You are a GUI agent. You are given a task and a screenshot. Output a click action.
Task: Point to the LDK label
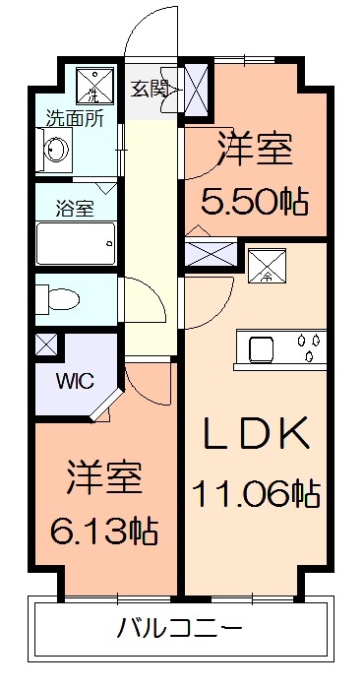pyautogui.click(x=257, y=434)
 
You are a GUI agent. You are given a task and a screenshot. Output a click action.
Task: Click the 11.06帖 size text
pyautogui.click(x=258, y=491)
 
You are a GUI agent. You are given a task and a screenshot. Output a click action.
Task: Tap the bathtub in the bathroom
pyautogui.click(x=76, y=240)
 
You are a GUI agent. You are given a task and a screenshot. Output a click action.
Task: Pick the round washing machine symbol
pyautogui.click(x=57, y=153)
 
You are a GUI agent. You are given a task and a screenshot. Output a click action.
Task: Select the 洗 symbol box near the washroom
pyautogui.click(x=94, y=86)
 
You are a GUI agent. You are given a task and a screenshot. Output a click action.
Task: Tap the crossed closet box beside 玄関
pyautogui.click(x=195, y=89)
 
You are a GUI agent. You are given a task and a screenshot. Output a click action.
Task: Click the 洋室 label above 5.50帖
pyautogui.click(x=254, y=153)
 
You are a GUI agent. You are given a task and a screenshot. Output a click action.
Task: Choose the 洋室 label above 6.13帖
pyautogui.click(x=105, y=479)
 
